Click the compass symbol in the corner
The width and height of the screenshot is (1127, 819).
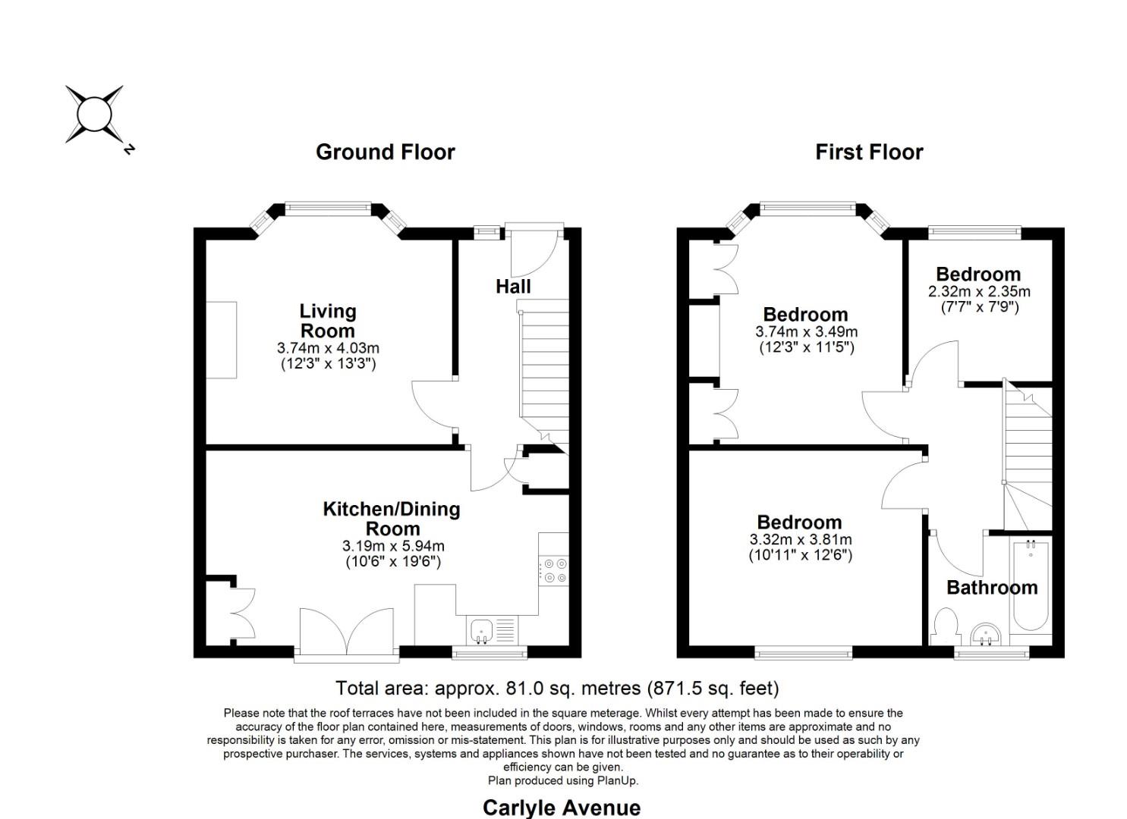pos(94,115)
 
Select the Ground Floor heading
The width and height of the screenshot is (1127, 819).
pos(385,152)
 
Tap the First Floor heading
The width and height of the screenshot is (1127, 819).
pos(869,152)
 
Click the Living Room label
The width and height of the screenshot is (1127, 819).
pos(327,321)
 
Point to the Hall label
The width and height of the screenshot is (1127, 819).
pos(513,287)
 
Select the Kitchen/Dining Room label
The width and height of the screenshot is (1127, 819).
pos(392,519)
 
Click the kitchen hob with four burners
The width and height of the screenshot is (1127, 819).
pos(554,570)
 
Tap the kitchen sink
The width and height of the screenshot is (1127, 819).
pos(481,629)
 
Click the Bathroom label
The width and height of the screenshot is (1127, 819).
pos(991,588)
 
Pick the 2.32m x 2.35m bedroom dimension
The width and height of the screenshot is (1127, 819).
pos(978,291)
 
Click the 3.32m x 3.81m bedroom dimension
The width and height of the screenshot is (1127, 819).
pos(800,540)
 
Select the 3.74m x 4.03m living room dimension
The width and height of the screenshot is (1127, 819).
pos(328,348)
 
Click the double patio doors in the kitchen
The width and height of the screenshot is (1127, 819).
pos(347,632)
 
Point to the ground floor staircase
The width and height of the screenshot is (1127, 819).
pos(543,372)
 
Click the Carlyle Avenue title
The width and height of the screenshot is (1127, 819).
pos(561,807)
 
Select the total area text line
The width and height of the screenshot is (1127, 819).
pos(557,688)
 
